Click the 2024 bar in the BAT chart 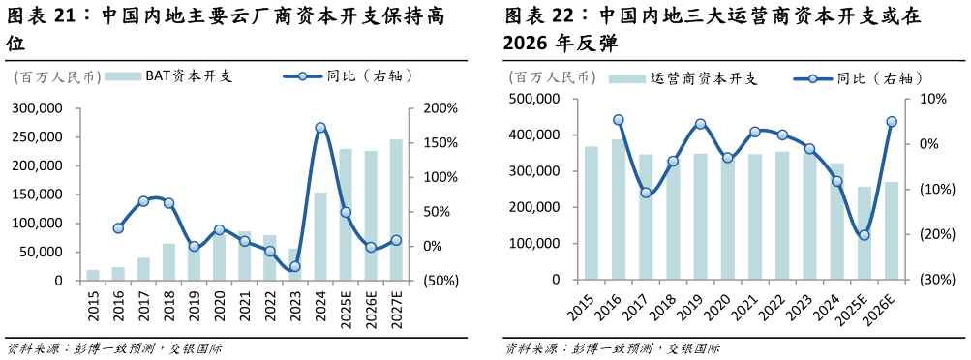coord(320,237)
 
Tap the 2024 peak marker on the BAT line coord(320,128)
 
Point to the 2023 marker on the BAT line coord(294,266)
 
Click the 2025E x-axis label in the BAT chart coord(346,304)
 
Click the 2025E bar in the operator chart coord(865,233)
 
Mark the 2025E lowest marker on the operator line coord(865,235)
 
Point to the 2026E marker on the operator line coord(892,122)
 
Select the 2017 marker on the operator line coord(646,193)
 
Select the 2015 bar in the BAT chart coord(93,275)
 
